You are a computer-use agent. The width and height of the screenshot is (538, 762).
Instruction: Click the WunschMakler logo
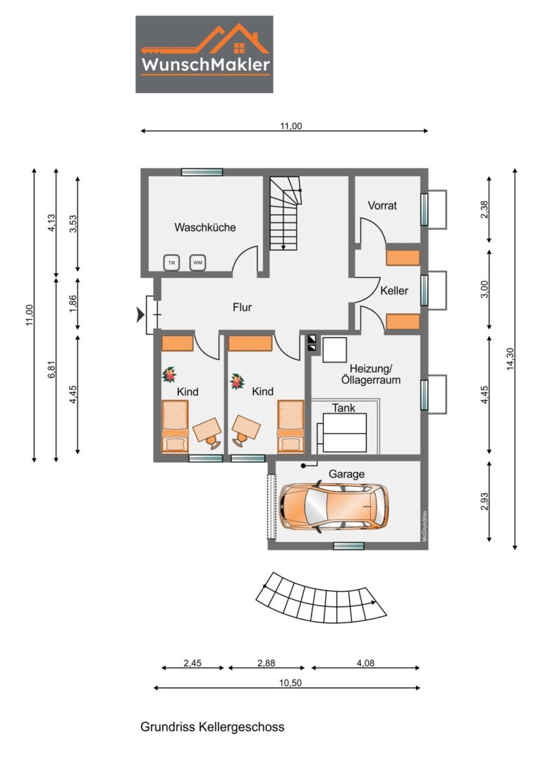click(204, 54)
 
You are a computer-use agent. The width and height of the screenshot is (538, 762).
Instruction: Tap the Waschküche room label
click(205, 227)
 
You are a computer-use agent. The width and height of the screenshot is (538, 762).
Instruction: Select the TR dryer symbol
click(171, 263)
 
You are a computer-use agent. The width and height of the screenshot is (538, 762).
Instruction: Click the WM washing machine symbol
click(197, 262)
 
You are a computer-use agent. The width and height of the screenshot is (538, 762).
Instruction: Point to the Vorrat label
click(382, 205)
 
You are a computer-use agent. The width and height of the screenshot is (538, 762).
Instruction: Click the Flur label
click(243, 307)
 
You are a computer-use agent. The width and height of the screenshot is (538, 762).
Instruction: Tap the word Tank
click(344, 409)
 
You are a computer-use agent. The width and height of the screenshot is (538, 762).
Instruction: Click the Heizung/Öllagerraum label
click(371, 375)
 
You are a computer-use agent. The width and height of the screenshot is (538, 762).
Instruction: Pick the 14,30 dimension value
click(510, 359)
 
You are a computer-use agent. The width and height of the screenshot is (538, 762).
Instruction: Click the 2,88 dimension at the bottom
click(267, 663)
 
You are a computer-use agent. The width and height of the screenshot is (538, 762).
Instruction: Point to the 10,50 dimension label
click(291, 683)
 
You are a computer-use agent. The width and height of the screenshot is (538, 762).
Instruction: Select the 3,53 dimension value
click(73, 224)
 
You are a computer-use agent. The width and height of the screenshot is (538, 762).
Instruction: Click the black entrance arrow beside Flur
click(141, 315)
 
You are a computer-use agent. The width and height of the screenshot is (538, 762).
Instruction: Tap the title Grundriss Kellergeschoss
click(212, 727)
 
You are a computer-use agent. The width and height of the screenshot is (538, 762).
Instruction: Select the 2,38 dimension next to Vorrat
click(484, 210)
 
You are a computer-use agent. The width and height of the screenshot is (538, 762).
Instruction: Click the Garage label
click(347, 474)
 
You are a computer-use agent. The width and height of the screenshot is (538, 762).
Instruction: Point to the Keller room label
click(394, 291)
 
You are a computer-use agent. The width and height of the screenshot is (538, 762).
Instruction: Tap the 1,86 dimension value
click(73, 303)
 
